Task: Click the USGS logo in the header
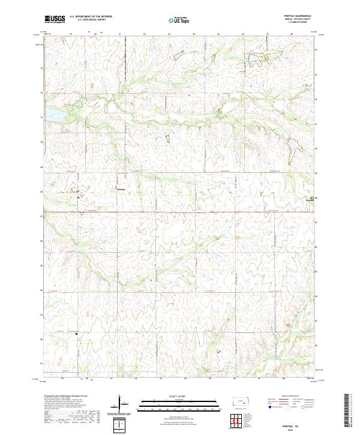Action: [55, 19]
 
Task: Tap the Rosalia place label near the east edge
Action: [310, 200]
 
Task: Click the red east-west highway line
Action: [180, 211]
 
